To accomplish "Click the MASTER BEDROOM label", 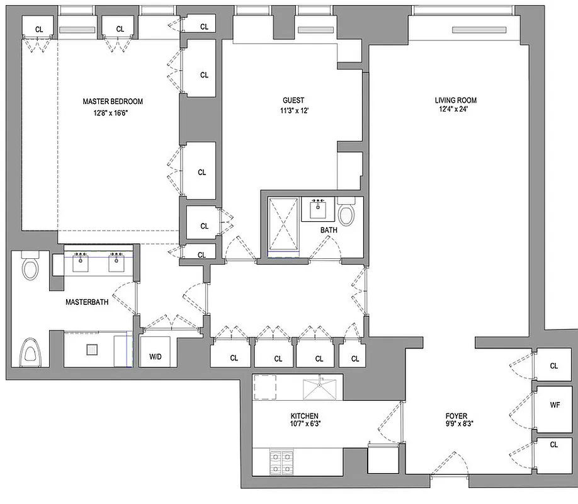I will pyautogui.click(x=113, y=101).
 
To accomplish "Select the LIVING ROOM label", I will pyautogui.click(x=455, y=100).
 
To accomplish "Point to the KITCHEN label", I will pyautogui.click(x=304, y=416).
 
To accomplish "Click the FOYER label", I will pyautogui.click(x=456, y=416).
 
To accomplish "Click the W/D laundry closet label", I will pyautogui.click(x=155, y=357).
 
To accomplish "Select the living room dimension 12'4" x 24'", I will pyautogui.click(x=455, y=110).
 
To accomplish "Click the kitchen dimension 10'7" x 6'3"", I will pyautogui.click(x=304, y=425).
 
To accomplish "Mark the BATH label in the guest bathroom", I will pyautogui.click(x=328, y=231).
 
